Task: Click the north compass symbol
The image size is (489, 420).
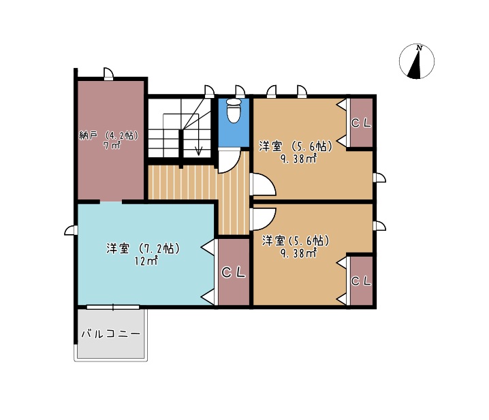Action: [x=417, y=61]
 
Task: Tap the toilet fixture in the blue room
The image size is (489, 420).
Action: [x=234, y=111]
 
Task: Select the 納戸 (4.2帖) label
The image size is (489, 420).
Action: [x=109, y=135]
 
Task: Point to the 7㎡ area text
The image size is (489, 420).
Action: [x=112, y=145]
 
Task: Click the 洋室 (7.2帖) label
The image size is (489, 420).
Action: [x=143, y=248]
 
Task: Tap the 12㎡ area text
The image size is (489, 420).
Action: [x=146, y=261]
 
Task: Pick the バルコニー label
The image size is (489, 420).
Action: [x=111, y=334]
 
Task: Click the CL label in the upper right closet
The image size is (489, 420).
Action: [x=361, y=123]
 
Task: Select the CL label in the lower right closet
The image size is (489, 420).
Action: [x=361, y=281]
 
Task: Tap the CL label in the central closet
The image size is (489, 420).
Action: [x=234, y=273]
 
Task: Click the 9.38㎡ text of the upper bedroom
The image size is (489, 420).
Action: [x=298, y=159]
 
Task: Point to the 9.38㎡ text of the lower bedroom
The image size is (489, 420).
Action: [x=298, y=253]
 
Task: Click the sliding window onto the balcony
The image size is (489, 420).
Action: [x=113, y=308]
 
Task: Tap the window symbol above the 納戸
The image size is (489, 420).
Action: [x=108, y=74]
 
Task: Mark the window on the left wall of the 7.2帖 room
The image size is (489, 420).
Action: [x=71, y=230]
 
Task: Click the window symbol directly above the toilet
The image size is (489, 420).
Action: [x=240, y=92]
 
